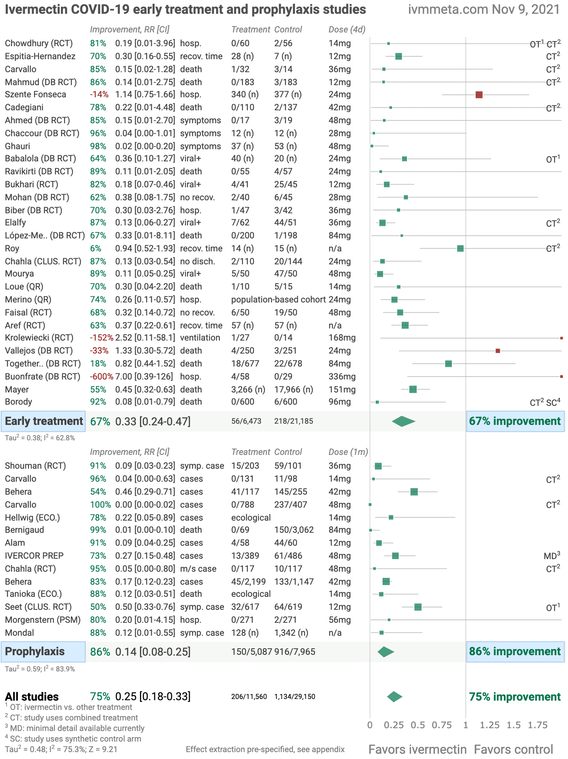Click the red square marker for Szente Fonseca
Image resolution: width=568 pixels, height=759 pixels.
479,94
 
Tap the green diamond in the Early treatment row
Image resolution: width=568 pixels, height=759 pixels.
404,421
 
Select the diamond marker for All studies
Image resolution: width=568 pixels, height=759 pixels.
395,697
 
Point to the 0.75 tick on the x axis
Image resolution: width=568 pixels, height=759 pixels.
441,725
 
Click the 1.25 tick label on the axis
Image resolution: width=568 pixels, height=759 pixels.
490,725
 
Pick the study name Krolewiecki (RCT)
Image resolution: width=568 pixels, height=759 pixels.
39,338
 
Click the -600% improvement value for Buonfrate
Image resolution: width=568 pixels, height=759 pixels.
101,377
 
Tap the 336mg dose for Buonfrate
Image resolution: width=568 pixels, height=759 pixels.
342,377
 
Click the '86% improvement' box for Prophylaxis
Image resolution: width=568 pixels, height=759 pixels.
515,652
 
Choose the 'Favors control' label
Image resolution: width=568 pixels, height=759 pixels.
513,749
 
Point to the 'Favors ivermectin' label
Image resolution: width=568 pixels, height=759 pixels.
417,749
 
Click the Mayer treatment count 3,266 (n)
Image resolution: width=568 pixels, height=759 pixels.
248,390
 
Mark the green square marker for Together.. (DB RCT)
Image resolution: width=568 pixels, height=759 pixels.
448,364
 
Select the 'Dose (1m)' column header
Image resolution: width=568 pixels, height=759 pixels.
348,452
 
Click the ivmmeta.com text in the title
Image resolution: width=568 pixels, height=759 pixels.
448,9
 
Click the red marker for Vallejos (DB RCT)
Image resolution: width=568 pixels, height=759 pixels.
498,351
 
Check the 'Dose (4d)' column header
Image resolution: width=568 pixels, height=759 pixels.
347,30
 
